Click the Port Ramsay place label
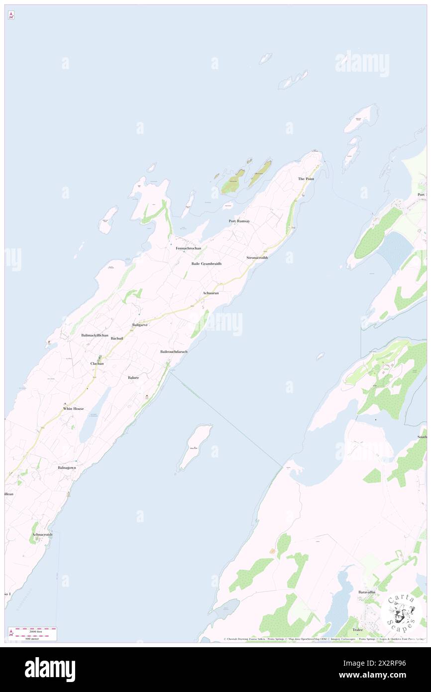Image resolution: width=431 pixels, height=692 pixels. [x=239, y=221]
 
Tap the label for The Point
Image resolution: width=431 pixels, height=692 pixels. [x=306, y=179]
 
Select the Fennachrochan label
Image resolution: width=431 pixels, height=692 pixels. [x=188, y=248]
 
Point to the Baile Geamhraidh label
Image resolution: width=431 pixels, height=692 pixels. [x=206, y=263]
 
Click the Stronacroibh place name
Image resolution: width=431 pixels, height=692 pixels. [x=257, y=258]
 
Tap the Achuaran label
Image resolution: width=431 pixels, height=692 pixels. [x=211, y=293]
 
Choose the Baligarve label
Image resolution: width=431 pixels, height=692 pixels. [x=140, y=325]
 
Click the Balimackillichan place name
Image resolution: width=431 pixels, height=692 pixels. [x=95, y=336]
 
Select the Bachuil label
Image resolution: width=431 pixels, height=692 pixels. [x=116, y=339]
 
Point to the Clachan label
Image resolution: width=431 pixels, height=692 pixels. [x=97, y=363]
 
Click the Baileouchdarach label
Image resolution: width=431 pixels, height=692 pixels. [x=174, y=351]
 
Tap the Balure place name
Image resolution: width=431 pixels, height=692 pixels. [x=133, y=378]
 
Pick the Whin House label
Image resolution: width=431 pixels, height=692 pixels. [x=73, y=409]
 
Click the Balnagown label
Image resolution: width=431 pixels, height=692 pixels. [x=67, y=467]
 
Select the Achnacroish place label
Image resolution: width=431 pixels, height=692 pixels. [x=42, y=535]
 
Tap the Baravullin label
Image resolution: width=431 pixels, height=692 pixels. [x=369, y=592]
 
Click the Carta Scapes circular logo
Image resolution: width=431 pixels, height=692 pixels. [x=401, y=613]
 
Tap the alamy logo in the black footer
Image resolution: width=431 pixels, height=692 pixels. [x=50, y=669]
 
